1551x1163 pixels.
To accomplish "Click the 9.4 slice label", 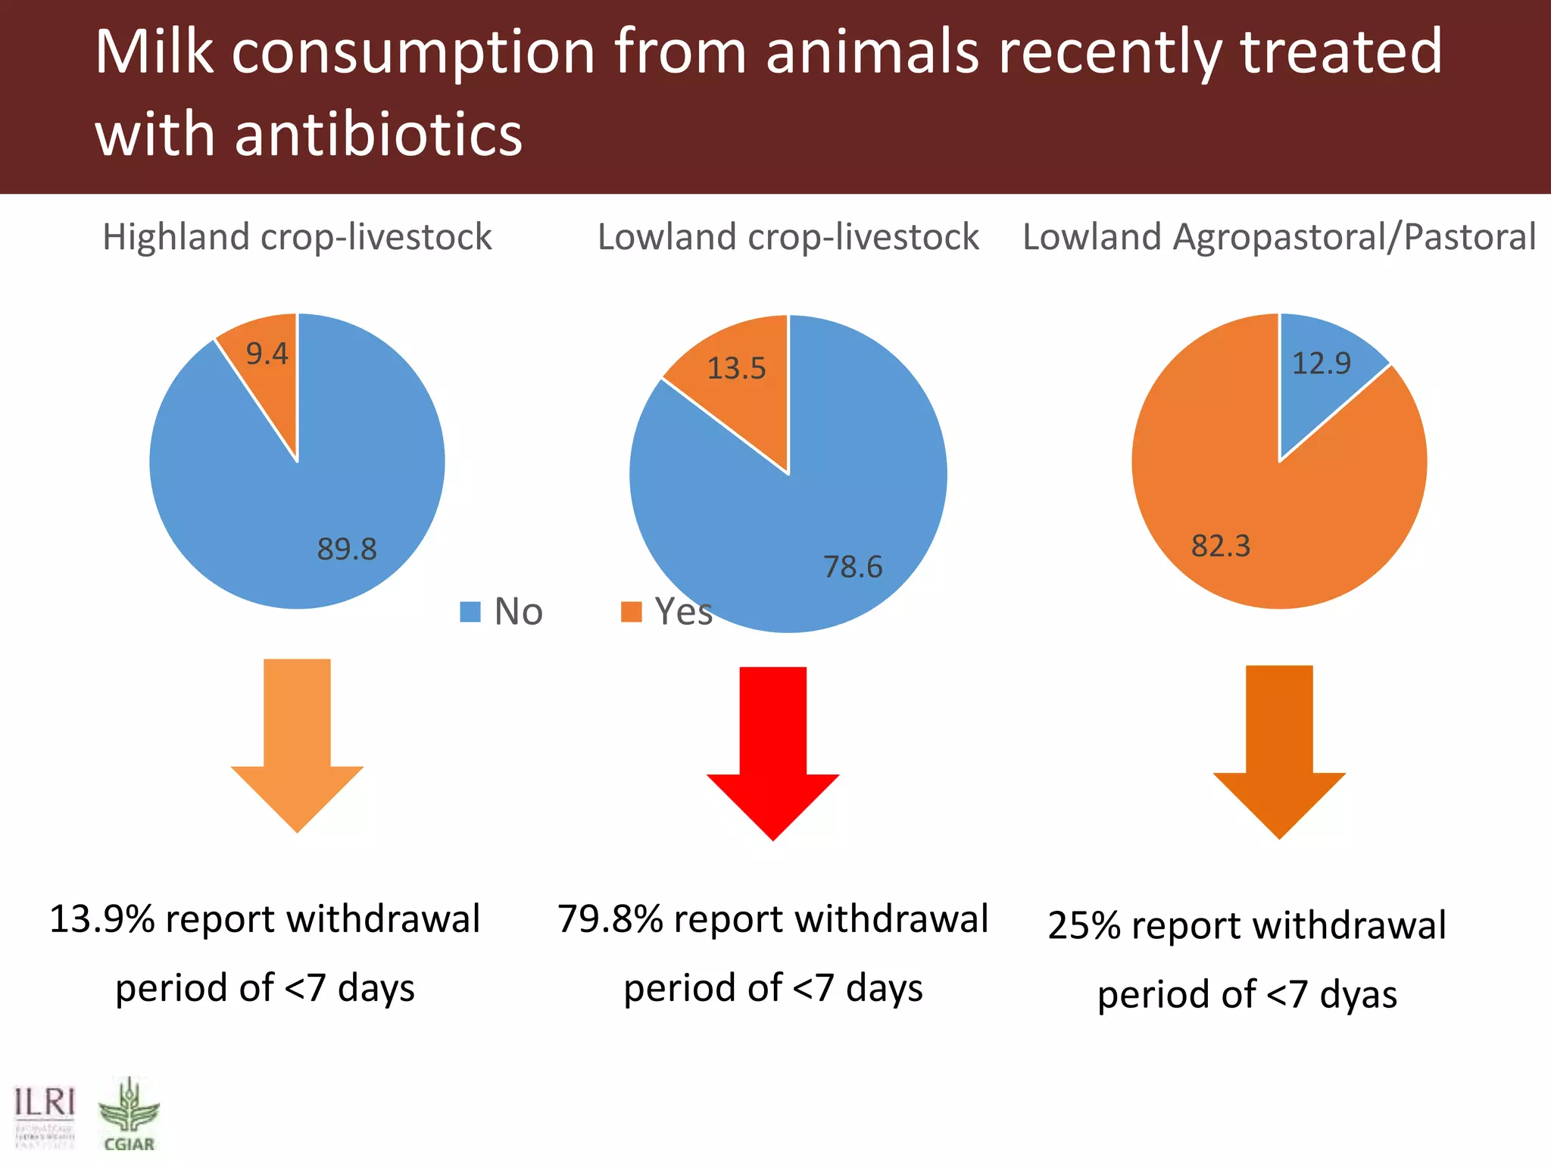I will (267, 354).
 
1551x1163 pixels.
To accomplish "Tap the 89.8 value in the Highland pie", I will (346, 549).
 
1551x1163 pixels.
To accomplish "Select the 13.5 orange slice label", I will (736, 369).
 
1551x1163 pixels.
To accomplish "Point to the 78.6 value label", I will (853, 567).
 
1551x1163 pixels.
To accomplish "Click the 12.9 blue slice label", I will (1321, 364).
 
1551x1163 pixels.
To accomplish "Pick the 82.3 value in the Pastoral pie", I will (1220, 546).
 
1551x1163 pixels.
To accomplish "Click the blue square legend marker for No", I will (470, 612).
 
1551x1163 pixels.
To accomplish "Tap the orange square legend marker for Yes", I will (631, 612).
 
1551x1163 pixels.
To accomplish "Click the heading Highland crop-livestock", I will (297, 237).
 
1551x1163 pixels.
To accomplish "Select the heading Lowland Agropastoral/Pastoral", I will (1278, 237).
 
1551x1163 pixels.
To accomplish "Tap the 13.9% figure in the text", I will (101, 919).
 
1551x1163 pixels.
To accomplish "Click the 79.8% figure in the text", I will (610, 919).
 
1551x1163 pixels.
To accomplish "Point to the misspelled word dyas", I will (1358, 995).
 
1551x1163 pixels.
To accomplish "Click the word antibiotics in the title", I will (379, 135).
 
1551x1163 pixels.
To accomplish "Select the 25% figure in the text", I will (1084, 926).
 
